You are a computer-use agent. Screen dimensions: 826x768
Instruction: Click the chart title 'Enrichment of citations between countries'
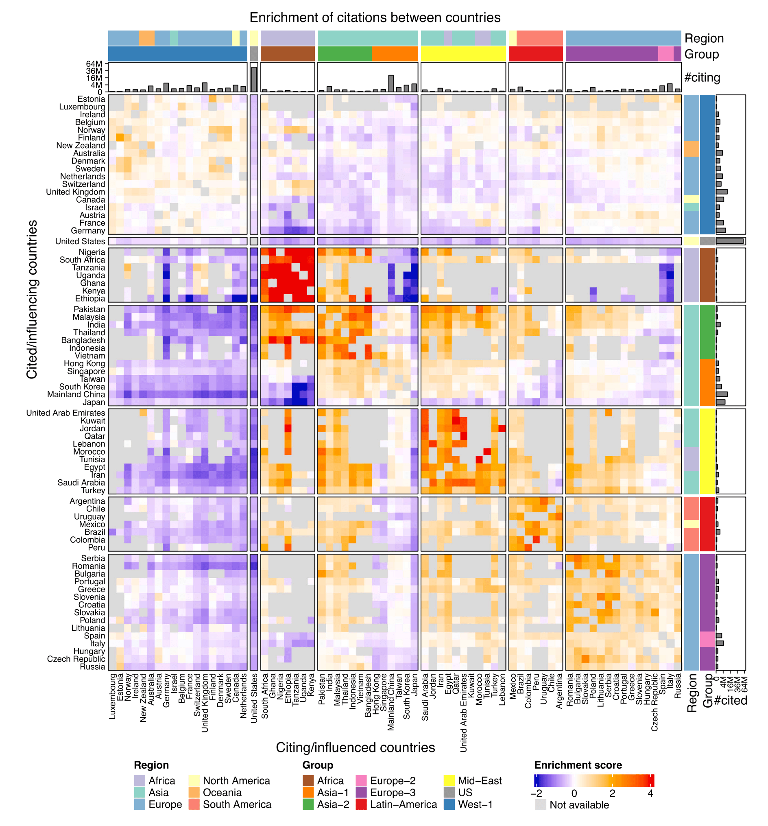(375, 17)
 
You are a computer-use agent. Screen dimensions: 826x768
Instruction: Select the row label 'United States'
(80, 241)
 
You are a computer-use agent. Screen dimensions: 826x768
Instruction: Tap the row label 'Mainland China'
(76, 394)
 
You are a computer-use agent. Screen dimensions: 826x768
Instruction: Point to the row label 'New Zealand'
(81, 145)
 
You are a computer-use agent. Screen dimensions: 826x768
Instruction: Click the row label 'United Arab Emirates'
(65, 413)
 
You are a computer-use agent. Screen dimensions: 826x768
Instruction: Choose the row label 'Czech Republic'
(76, 659)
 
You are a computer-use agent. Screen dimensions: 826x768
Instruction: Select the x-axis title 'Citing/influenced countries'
(355, 747)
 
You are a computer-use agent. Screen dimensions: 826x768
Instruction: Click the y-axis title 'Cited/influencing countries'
(32, 299)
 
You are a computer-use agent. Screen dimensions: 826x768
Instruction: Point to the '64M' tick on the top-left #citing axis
(94, 64)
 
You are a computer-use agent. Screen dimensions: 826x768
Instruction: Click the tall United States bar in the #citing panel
(254, 79)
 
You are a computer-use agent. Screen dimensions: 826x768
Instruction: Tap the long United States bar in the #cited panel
(729, 241)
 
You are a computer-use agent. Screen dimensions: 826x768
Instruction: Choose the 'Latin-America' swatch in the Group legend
(361, 804)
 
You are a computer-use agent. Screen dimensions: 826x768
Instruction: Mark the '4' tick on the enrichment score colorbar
(650, 793)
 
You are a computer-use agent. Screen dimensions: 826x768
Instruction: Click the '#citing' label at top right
(702, 78)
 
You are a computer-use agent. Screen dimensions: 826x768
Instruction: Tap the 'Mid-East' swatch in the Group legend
(449, 781)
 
